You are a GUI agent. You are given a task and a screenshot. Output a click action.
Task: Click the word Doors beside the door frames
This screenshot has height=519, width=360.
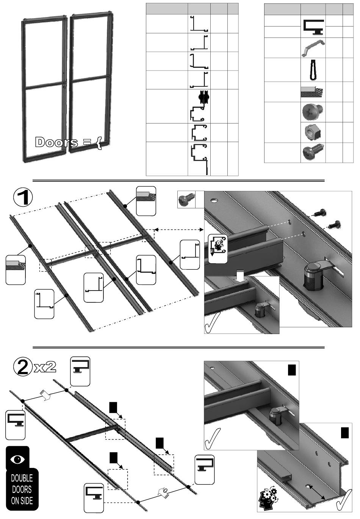(x=57, y=142)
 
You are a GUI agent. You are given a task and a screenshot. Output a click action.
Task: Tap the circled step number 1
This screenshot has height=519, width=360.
(x=23, y=198)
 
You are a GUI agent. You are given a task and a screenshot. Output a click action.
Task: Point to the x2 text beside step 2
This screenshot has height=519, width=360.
(x=45, y=367)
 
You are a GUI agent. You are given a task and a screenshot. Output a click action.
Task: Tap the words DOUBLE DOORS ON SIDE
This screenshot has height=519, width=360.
(x=22, y=489)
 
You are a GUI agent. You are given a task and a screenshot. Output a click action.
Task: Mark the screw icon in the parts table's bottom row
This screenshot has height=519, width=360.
(x=313, y=152)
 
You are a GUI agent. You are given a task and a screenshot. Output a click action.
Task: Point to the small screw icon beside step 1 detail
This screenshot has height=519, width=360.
(x=186, y=199)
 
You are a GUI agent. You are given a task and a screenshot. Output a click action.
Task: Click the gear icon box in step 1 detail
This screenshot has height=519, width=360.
(x=218, y=248)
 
